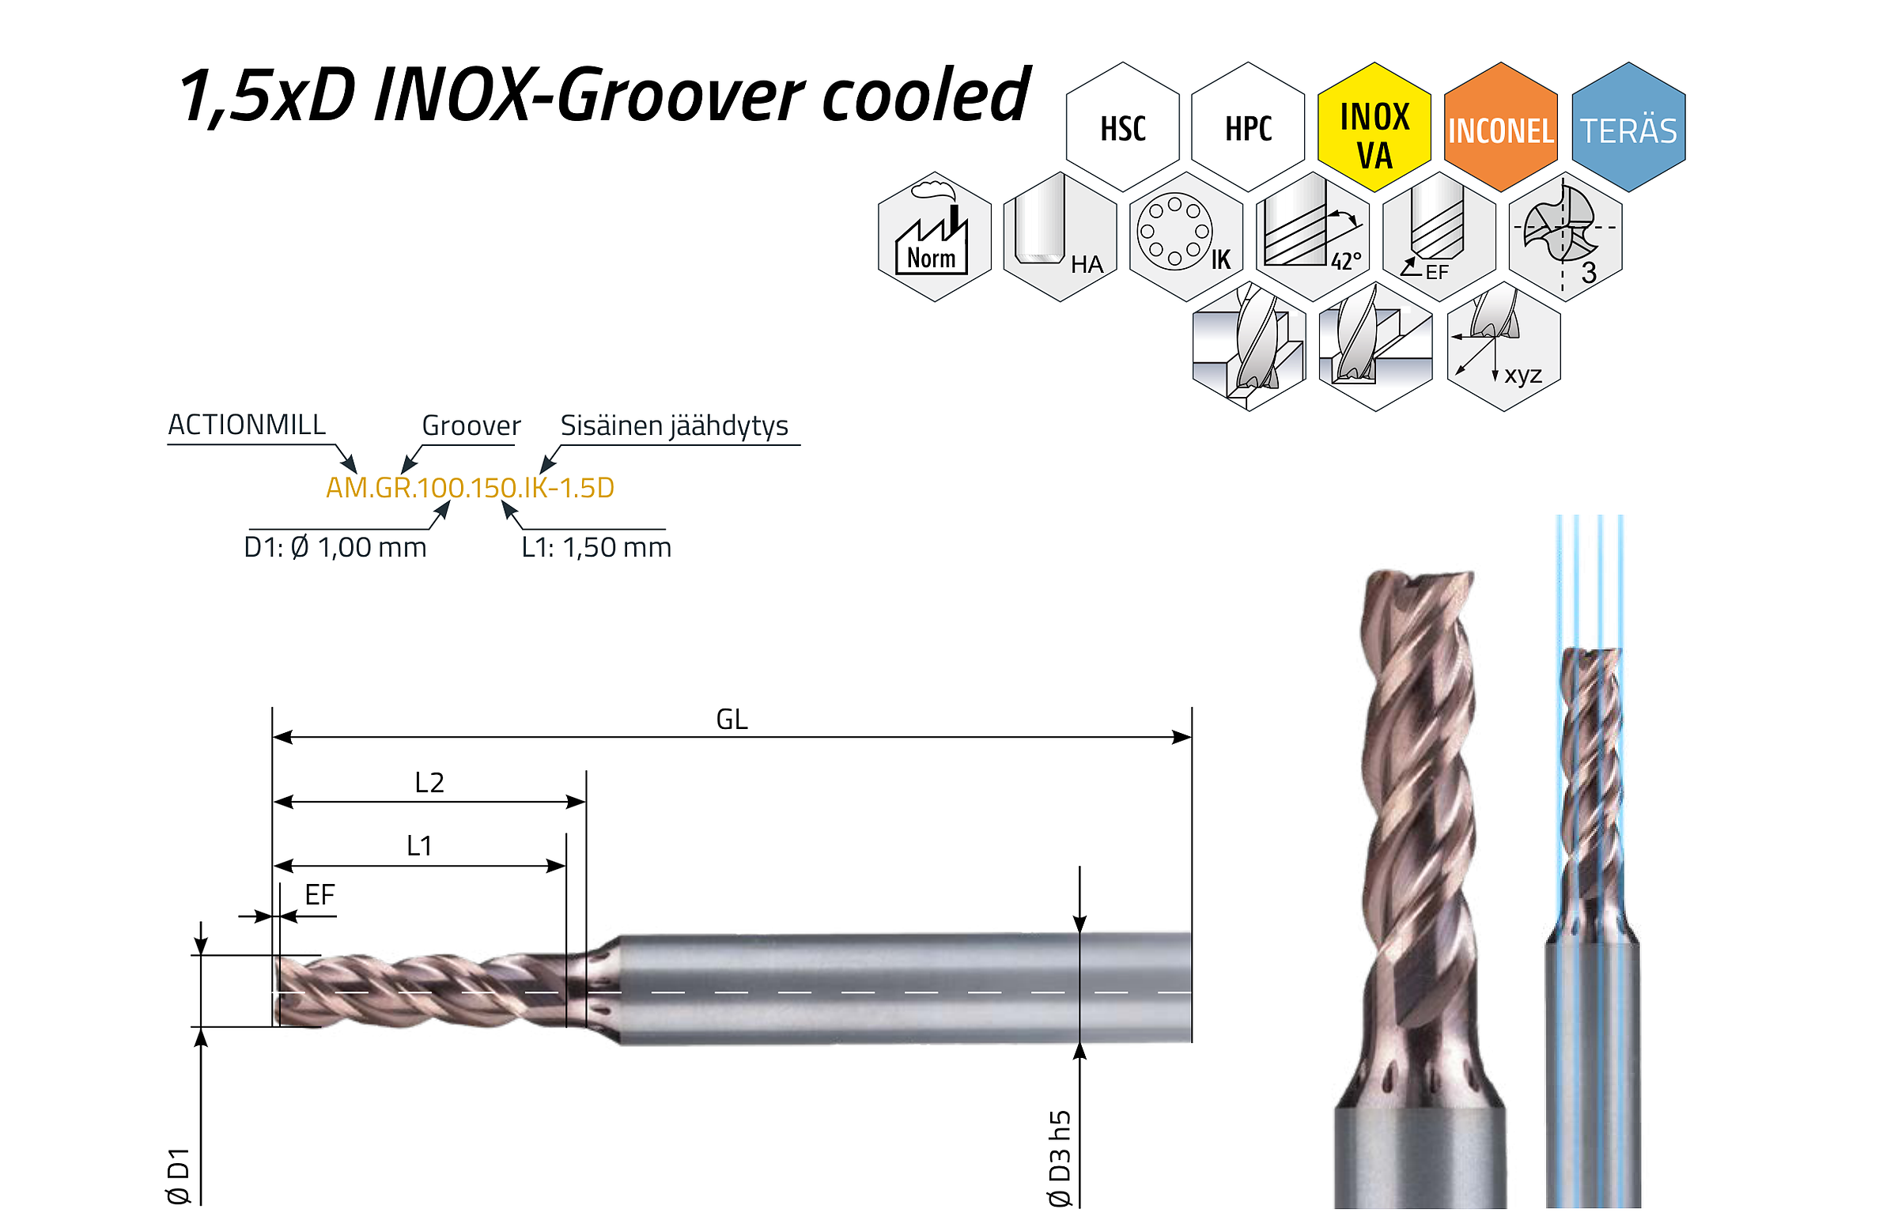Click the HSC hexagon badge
pyautogui.click(x=1122, y=127)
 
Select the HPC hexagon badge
pyautogui.click(x=1248, y=127)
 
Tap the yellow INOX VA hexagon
pyautogui.click(x=1374, y=127)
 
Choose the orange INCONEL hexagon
pyautogui.click(x=1500, y=127)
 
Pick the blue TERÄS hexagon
pyautogui.click(x=1628, y=127)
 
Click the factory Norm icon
pyautogui.click(x=935, y=237)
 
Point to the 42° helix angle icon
pyautogui.click(x=1313, y=237)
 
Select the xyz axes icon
pyautogui.click(x=1504, y=346)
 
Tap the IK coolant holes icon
pyautogui.click(x=1185, y=237)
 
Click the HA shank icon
pyautogui.click(x=1061, y=237)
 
